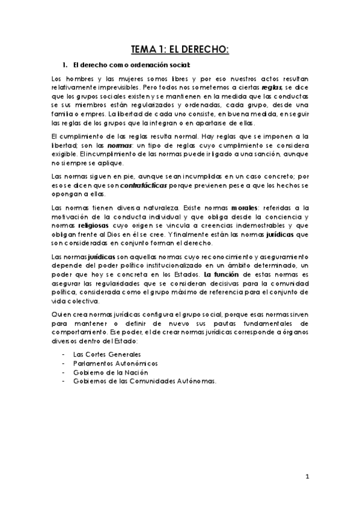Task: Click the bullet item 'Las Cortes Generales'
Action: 110,355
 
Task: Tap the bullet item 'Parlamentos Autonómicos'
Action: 116,364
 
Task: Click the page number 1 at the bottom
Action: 307,477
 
